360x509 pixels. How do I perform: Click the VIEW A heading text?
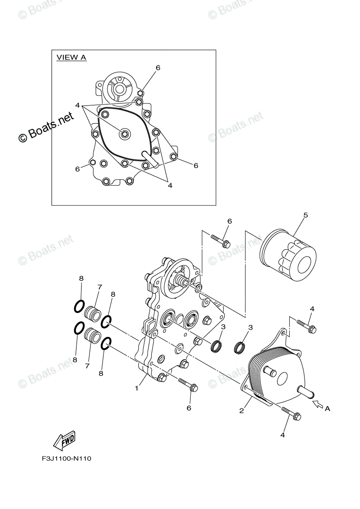[71, 58]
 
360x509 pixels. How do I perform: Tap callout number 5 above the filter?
[305, 215]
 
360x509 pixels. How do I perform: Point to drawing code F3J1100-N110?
[67, 459]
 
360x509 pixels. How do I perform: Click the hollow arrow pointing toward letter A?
[318, 404]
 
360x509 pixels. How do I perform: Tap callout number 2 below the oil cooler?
[241, 410]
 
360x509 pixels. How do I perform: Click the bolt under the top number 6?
[220, 241]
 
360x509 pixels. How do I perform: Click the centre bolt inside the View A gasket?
[125, 134]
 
